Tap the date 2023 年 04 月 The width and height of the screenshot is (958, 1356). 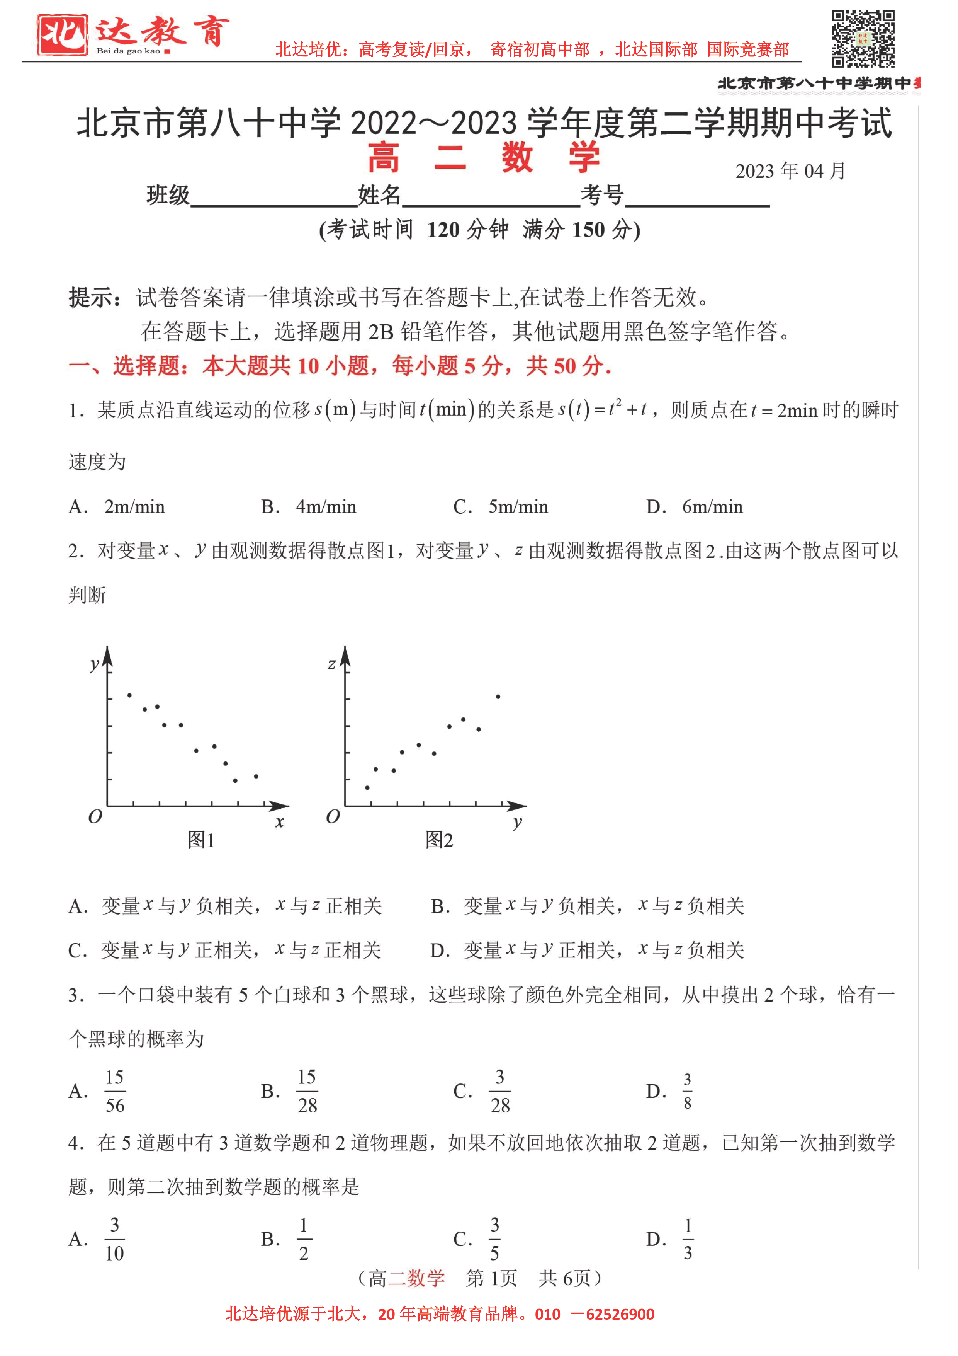790,171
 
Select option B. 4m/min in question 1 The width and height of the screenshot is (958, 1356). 309,507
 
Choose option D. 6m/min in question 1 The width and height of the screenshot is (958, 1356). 694,507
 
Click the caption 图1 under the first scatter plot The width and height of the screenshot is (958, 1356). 201,839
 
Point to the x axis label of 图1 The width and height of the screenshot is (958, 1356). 279,821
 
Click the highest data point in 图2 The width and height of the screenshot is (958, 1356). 498,697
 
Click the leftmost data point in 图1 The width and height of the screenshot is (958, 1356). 129,695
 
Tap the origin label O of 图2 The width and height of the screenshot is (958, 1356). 333,817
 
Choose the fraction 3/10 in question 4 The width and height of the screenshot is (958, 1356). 114,1238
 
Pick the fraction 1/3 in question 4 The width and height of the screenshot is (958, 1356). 688,1238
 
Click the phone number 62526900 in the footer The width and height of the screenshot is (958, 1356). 620,1314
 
